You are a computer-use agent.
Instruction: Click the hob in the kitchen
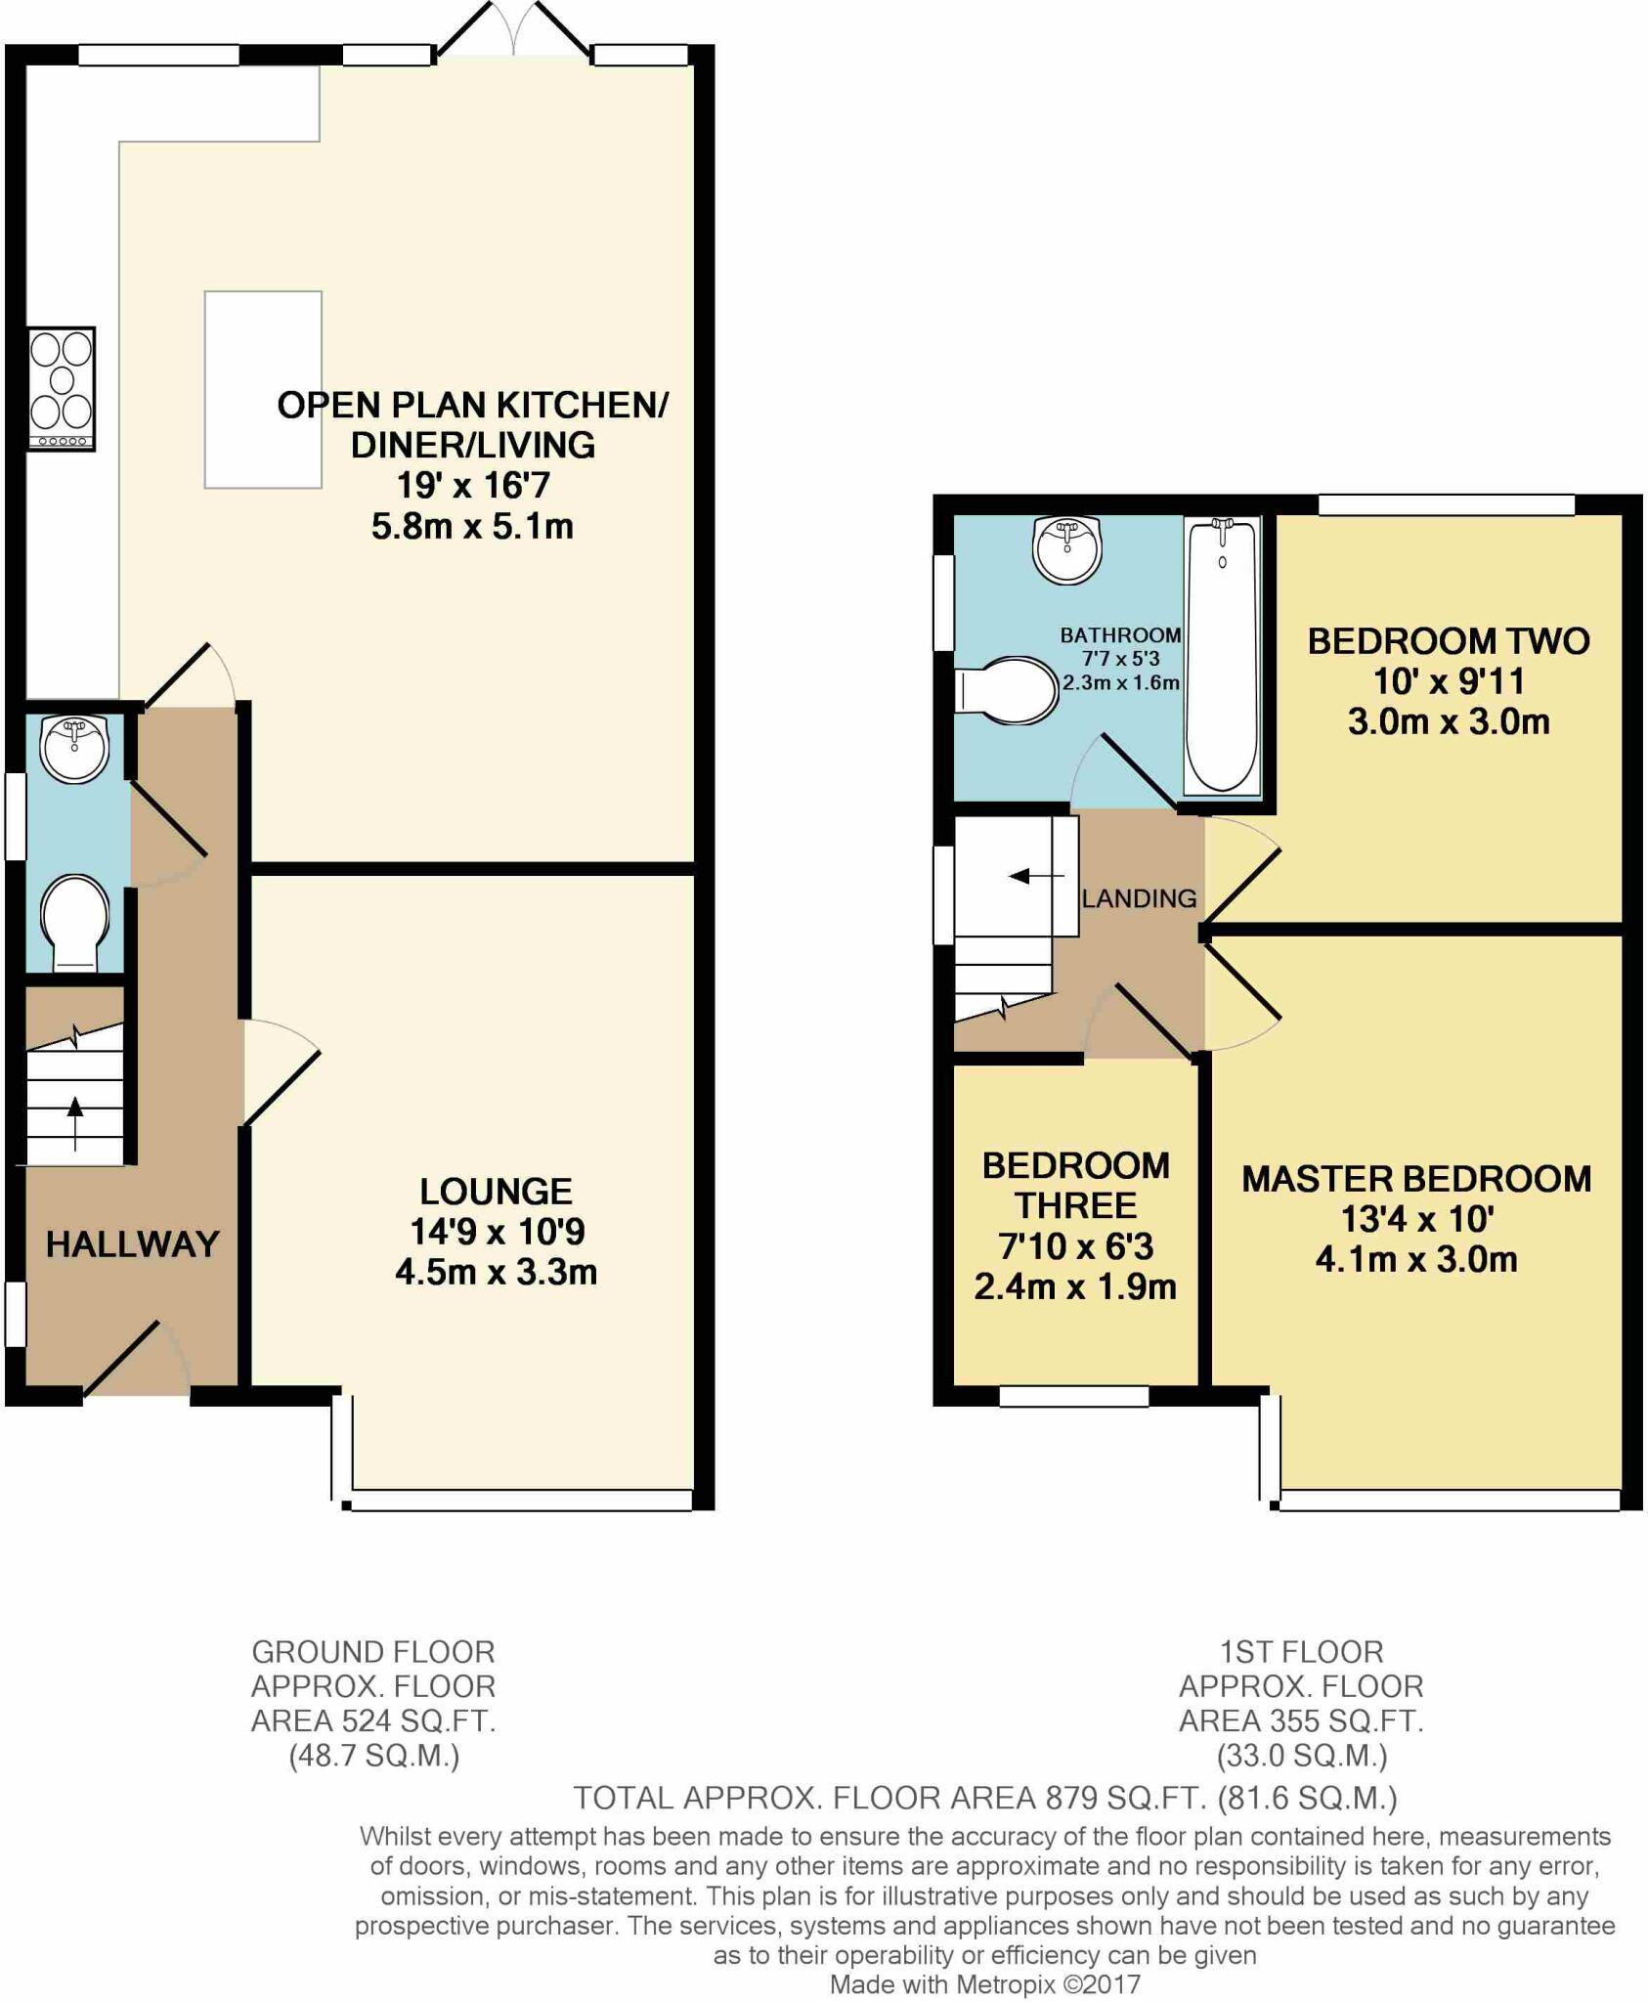(62, 388)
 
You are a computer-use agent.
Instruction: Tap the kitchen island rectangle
(263, 389)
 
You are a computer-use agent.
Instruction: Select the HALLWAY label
(133, 1244)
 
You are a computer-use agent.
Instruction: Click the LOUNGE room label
(497, 1192)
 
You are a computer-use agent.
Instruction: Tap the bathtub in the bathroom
(1222, 654)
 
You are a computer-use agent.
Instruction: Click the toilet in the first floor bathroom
(1007, 690)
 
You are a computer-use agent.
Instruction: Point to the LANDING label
(1139, 898)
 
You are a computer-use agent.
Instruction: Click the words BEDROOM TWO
(1449, 641)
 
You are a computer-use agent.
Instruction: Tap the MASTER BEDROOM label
(1416, 1179)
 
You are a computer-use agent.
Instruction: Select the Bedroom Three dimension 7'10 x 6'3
(1075, 1246)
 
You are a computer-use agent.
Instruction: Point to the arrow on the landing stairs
(1036, 876)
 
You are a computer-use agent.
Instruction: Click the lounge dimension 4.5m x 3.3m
(497, 1272)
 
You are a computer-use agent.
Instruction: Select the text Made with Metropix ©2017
(985, 1984)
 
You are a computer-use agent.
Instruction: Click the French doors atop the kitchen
(513, 29)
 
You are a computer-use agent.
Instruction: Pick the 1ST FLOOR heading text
(1301, 1652)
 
